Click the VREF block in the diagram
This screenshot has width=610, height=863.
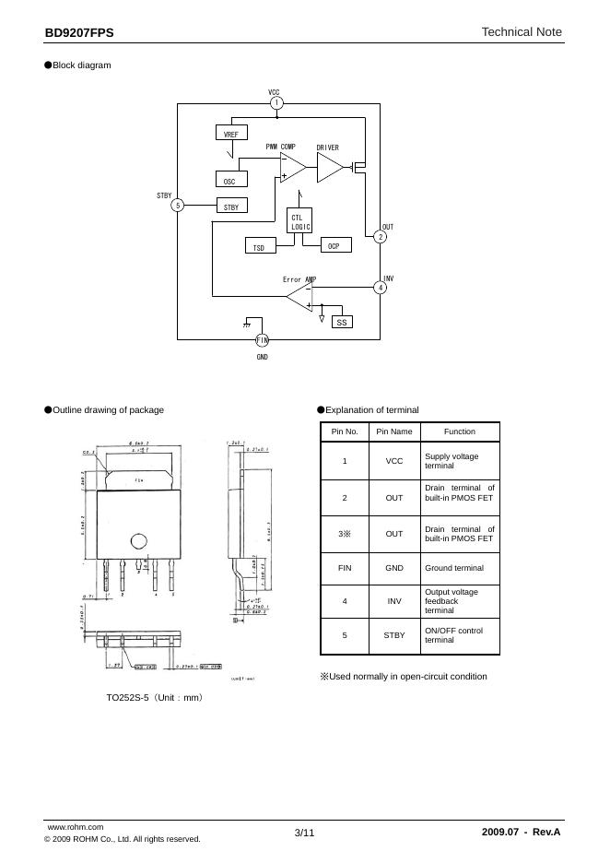[230, 134]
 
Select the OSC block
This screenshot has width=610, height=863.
[230, 181]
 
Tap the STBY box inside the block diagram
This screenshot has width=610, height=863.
[230, 207]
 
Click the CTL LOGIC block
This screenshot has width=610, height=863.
[301, 221]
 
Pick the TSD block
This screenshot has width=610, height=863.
[259, 247]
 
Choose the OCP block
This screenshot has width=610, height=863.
[334, 246]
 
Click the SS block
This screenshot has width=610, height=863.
[342, 323]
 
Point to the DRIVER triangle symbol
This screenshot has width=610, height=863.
[329, 167]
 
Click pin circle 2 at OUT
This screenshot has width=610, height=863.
[381, 237]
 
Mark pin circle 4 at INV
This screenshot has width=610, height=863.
[381, 288]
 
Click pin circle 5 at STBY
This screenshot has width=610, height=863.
[178, 206]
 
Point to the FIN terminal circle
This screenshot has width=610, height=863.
[262, 340]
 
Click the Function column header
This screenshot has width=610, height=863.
[459, 431]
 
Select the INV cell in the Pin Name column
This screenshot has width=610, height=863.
[394, 601]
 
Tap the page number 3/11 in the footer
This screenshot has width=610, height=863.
[305, 833]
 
